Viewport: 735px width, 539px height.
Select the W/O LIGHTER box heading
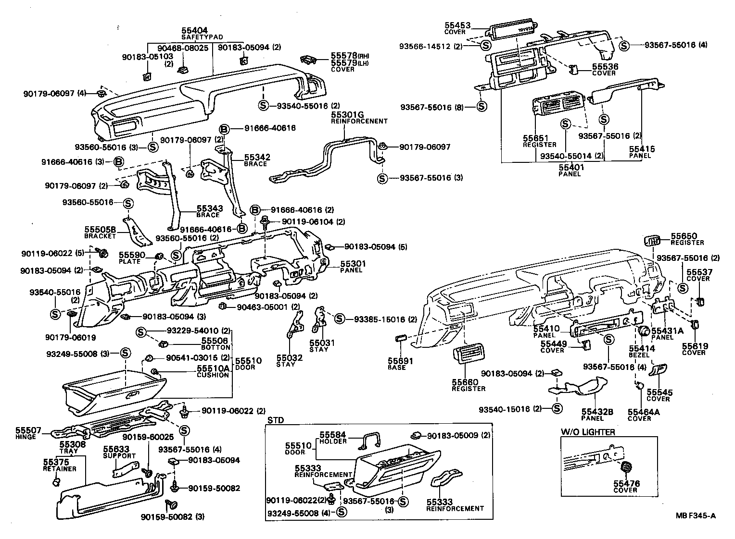click(587, 432)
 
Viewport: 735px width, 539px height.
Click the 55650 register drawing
click(650, 240)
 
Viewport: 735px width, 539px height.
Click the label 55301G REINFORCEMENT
click(359, 118)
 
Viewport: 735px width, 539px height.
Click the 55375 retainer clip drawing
click(56, 480)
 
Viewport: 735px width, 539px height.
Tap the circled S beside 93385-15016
click(340, 319)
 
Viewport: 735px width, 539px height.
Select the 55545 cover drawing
click(658, 370)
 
